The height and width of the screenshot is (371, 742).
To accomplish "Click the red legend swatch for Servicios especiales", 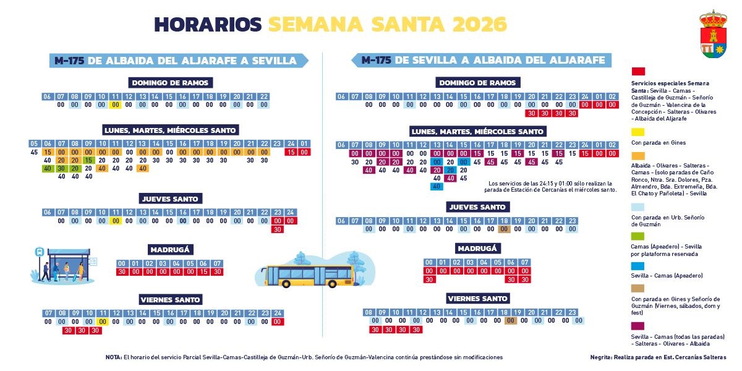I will (x=638, y=72).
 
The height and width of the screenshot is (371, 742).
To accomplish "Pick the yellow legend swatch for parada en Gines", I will (x=638, y=132).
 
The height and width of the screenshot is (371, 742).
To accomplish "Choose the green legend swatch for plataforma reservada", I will (x=638, y=236).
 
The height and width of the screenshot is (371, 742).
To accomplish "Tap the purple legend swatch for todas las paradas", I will (x=638, y=325).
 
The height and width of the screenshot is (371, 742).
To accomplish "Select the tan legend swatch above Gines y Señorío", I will (x=638, y=288).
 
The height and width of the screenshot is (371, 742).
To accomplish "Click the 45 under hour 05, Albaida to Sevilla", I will (x=33, y=152).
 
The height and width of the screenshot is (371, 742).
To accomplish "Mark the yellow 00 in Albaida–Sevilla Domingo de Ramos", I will (x=115, y=105).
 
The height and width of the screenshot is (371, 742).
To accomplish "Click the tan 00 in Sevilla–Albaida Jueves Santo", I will (x=504, y=229).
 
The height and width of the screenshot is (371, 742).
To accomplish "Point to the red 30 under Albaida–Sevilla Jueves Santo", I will (x=278, y=229).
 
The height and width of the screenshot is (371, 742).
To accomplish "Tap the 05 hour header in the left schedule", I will (x=34, y=144).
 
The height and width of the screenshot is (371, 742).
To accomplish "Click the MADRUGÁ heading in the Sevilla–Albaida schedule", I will (x=478, y=249).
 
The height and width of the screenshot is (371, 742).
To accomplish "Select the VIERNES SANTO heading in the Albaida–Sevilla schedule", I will (x=171, y=300).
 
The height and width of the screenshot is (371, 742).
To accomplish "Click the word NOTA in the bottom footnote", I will (x=114, y=357).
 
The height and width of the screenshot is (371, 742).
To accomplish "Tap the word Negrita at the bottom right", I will (x=603, y=357).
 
